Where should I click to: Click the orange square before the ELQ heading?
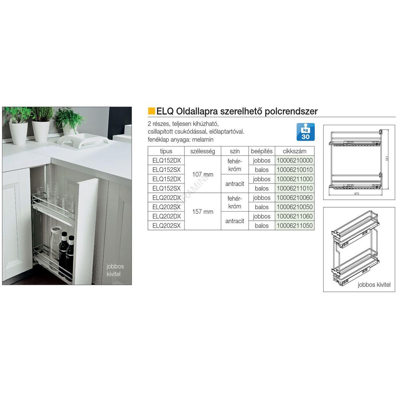pos(152,112)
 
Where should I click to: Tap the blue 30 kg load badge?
pos(305,132)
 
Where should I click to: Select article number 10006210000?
pos(295,160)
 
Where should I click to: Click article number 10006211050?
pos(295,226)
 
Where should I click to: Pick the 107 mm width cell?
pos(203,174)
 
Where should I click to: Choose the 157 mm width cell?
pos(203,212)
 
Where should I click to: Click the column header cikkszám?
pos(294,151)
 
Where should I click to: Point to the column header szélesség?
pos(202,151)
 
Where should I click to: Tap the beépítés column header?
pos(262,151)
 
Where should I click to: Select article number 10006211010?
pos(295,188)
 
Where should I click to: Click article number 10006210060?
pos(295,198)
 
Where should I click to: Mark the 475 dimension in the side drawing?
pos(356,194)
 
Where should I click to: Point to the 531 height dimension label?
pos(387,158)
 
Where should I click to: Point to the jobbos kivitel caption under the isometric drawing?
pos(374,285)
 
